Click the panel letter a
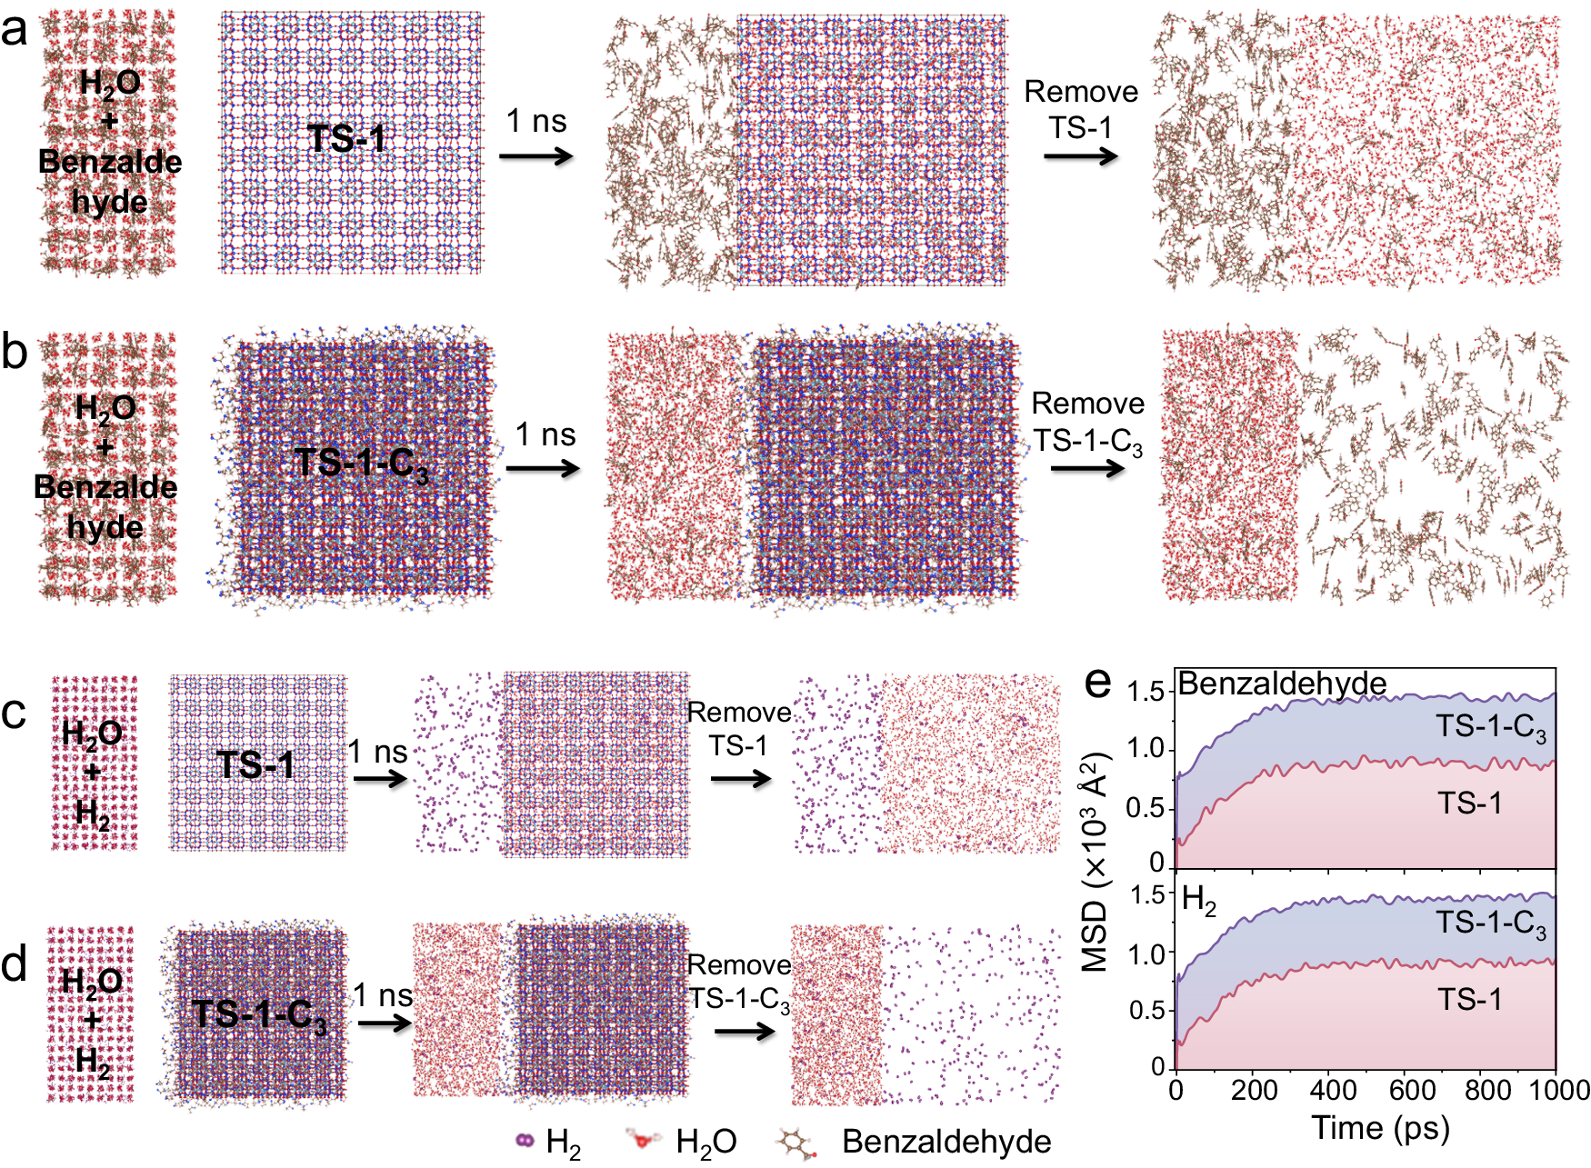coord(15,32)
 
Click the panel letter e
coord(1098,682)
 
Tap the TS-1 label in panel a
coord(346,139)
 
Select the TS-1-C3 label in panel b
coord(361,464)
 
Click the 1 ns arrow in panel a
coord(536,155)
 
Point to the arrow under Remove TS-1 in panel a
coord(1080,156)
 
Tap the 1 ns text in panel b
coord(545,434)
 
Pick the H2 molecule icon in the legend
coord(525,1140)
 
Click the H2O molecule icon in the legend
coord(644,1139)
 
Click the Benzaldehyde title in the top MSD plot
coord(1282,684)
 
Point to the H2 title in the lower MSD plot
coord(1198,901)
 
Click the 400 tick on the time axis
coord(1334,1089)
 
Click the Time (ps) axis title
coord(1380,1128)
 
